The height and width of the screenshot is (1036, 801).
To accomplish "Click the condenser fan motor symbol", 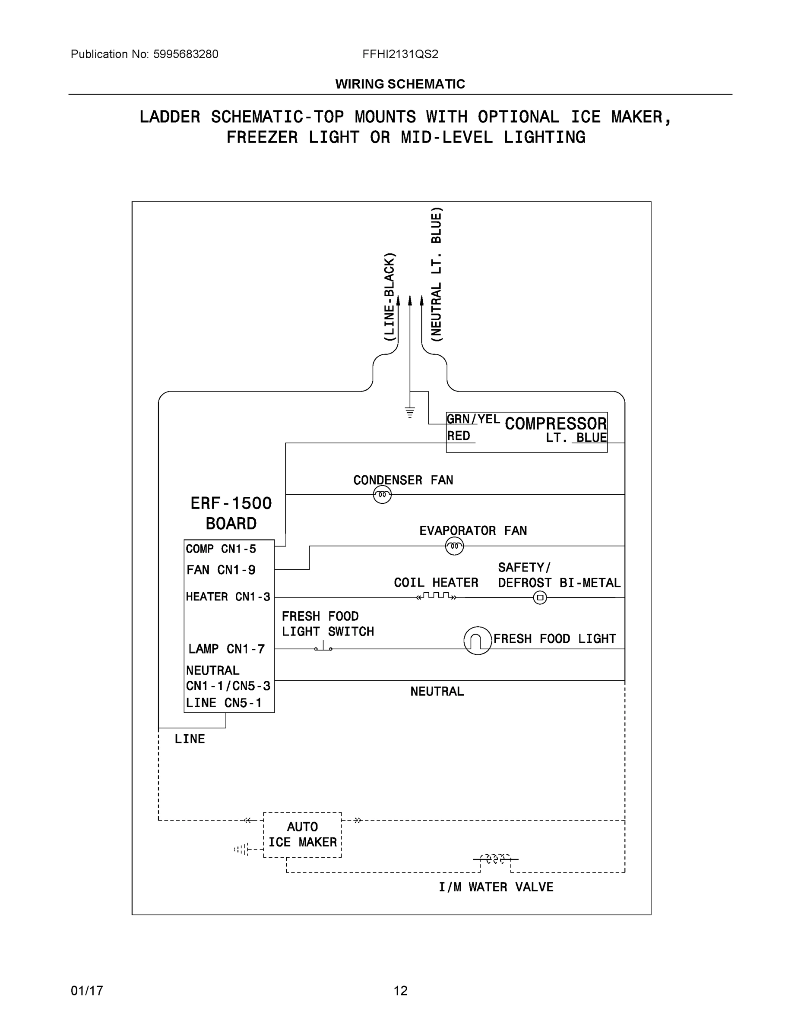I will pos(382,495).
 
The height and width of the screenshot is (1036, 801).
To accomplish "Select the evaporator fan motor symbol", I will pos(454,546).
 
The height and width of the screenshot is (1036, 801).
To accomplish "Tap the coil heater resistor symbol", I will pos(436,596).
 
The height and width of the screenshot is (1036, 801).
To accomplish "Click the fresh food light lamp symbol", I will pos(478,641).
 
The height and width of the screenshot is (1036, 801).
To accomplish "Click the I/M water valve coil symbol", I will pos(495,859).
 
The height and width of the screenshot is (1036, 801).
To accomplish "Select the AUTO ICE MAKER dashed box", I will pos(302,834).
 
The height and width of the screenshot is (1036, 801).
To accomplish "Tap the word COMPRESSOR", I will pos(556,423).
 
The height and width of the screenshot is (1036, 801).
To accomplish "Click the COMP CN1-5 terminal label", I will pos(221,549).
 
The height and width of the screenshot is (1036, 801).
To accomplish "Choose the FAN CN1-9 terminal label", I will pos(221,570).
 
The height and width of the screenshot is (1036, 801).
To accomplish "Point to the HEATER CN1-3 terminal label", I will pos(228,597).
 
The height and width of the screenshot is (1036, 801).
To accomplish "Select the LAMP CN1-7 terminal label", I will pos(226,648).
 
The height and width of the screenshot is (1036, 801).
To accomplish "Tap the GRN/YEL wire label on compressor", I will pos(473,419).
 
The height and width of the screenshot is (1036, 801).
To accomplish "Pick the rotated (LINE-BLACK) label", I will pos(389,297).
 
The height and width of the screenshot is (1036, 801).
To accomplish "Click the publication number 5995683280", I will pos(186,54).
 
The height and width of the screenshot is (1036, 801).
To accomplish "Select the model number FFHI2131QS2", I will pos(400,54).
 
